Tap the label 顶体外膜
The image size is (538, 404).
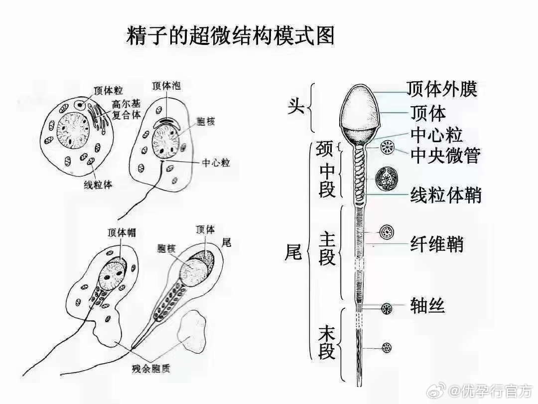tap(441, 89)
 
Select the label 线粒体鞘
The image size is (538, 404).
tap(446, 195)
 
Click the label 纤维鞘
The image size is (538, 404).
tap(437, 244)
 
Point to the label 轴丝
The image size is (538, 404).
tap(427, 305)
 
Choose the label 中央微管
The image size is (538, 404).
tap(445, 156)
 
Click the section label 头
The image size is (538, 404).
tap(296, 106)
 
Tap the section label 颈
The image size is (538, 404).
tap(324, 148)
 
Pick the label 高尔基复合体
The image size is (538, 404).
tap(126, 109)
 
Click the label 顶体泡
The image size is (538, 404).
tap(166, 86)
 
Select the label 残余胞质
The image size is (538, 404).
tap(151, 369)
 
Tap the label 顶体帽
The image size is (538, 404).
tap(122, 232)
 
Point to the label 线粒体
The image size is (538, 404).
tap(98, 185)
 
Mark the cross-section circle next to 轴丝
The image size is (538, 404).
tap(387, 308)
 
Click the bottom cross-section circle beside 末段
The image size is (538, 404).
tap(387, 348)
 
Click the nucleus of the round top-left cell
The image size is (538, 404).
tap(73, 131)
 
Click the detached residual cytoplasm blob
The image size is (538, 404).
tap(194, 331)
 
